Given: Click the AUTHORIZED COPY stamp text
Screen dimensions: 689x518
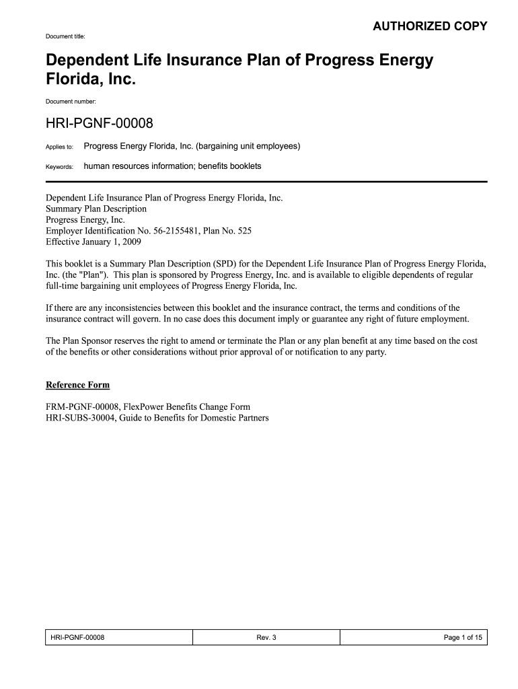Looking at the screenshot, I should click(x=430, y=26).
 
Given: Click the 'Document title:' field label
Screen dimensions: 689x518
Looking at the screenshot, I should click(x=65, y=36).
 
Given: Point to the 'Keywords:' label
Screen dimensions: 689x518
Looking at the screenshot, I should click(x=59, y=166).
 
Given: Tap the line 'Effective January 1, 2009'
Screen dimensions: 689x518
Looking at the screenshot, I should click(x=94, y=241).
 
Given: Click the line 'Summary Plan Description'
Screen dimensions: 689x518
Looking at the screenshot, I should click(x=96, y=209).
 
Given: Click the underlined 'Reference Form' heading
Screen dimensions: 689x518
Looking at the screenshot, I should click(x=77, y=386).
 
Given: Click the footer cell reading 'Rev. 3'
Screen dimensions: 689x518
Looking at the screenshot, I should click(x=266, y=637).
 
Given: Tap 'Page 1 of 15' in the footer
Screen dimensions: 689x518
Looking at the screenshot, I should click(x=463, y=637).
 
